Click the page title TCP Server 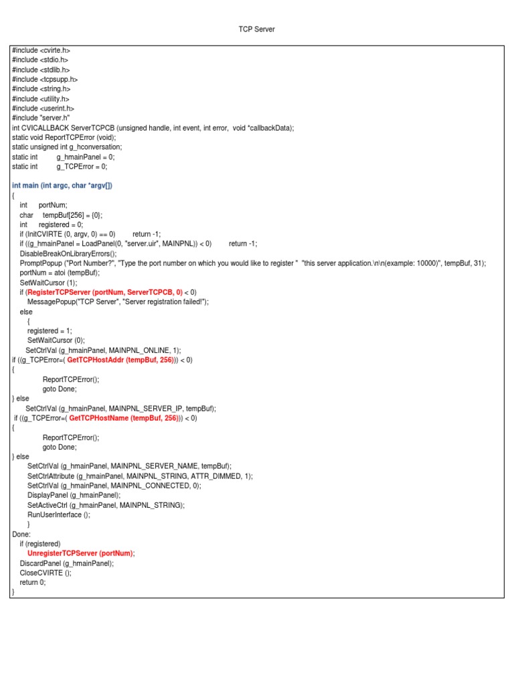[256, 29]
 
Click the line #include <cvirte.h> [41, 50]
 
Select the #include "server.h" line [41, 118]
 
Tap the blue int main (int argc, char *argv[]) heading [62, 186]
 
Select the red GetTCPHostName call [123, 418]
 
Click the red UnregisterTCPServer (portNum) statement [80, 553]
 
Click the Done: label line [21, 534]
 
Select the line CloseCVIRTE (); [46, 573]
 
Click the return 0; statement [33, 582]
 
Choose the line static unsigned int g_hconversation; [67, 147]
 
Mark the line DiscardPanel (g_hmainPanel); [67, 563]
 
